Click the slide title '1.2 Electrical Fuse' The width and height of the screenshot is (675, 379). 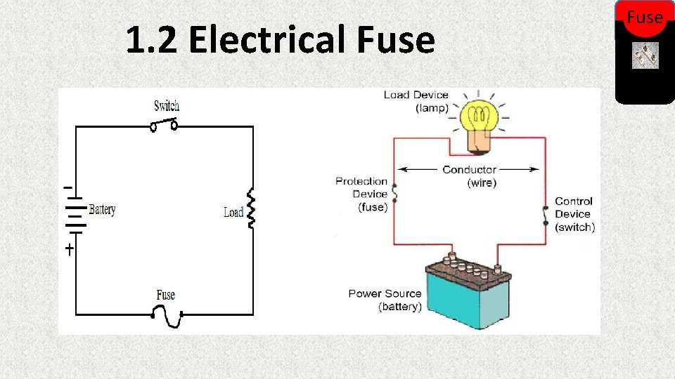280,39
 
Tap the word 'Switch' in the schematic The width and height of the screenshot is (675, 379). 167,106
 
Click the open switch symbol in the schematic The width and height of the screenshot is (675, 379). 163,125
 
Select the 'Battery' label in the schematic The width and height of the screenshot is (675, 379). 102,209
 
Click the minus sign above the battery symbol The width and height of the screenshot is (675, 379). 67,188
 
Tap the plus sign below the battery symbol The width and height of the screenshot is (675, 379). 69,249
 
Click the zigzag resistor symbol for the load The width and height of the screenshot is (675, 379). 250,208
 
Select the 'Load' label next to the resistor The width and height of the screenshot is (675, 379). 233,212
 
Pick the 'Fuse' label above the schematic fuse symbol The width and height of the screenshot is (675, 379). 166,295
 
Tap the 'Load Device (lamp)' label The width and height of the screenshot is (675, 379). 416,101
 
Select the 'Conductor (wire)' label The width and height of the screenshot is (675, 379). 470,175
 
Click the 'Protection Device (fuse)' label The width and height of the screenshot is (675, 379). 361,194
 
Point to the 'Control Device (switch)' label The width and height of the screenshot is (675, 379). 574,214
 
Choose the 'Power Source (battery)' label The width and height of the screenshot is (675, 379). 385,300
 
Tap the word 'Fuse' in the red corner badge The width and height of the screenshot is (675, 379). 645,18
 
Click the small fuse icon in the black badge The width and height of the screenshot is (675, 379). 645,55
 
